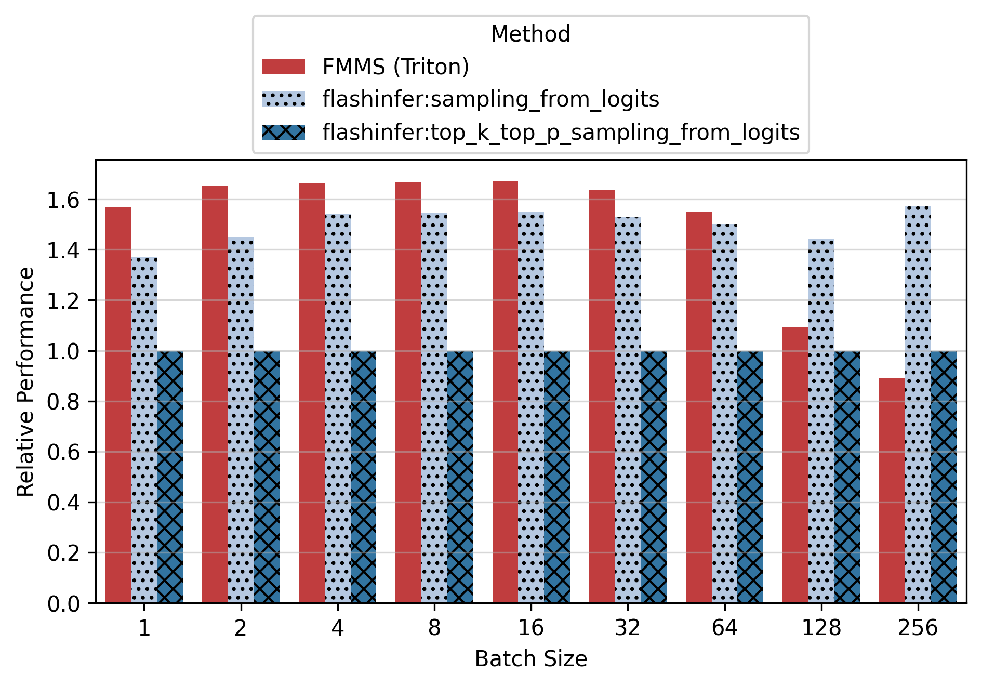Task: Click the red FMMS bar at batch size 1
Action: pos(118,405)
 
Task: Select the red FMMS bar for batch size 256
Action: pos(892,491)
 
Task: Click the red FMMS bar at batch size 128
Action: pos(795,465)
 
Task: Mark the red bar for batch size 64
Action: pos(698,407)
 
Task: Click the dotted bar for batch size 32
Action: pos(627,411)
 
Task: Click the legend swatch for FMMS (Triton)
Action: pos(283,67)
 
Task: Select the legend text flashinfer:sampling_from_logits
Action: pos(490,99)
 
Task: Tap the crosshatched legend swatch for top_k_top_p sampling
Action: pos(283,132)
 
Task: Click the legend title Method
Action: pos(530,34)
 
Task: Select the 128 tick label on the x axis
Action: pos(821,628)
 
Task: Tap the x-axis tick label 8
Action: pos(434,628)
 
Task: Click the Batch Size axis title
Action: pos(530,659)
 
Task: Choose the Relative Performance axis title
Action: pos(25,381)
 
